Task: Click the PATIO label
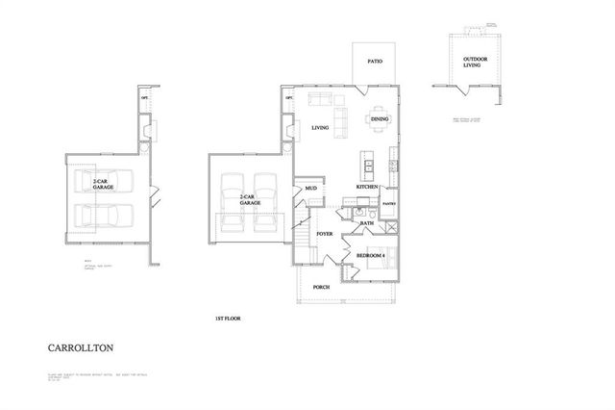point(375,62)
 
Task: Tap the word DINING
point(380,118)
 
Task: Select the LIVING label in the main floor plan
point(321,127)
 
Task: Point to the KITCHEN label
point(367,187)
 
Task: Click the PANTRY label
point(390,204)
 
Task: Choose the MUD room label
point(311,189)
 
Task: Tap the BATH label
point(367,223)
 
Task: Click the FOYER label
point(325,233)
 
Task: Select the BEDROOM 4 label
point(371,255)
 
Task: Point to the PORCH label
point(322,286)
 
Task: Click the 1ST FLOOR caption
point(228,317)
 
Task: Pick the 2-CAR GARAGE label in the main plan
point(251,201)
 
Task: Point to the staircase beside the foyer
point(304,242)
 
